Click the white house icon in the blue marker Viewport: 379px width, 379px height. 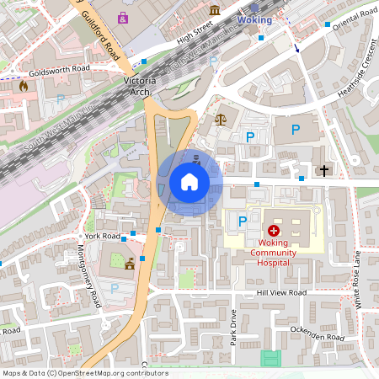tap(189, 182)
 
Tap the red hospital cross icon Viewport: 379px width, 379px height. tap(274, 230)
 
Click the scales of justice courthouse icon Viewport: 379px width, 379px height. tap(221, 120)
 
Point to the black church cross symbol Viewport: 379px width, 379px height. tap(324, 170)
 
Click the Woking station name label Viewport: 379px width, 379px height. tap(254, 18)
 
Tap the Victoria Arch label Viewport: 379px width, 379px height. tap(136, 86)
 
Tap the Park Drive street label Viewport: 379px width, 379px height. tap(234, 327)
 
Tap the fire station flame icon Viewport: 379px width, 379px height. tap(23, 85)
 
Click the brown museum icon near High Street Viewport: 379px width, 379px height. tap(215, 10)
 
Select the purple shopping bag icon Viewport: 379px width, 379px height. tap(124, 17)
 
